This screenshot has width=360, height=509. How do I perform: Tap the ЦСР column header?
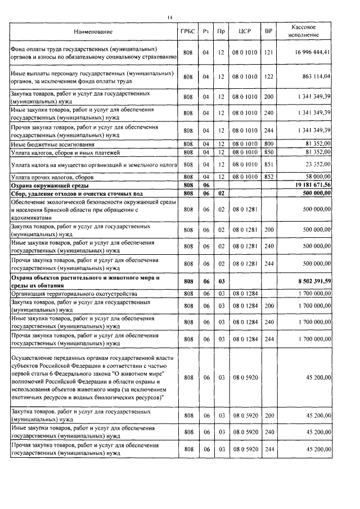click(245, 31)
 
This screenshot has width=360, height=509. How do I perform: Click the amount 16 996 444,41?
click(311, 53)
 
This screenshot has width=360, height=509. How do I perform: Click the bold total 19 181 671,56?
click(311, 184)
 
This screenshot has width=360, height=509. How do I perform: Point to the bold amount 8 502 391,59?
click(313, 281)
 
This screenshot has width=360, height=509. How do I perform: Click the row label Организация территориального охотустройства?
click(73, 293)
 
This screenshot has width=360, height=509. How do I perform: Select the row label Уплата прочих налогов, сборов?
click(52, 177)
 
